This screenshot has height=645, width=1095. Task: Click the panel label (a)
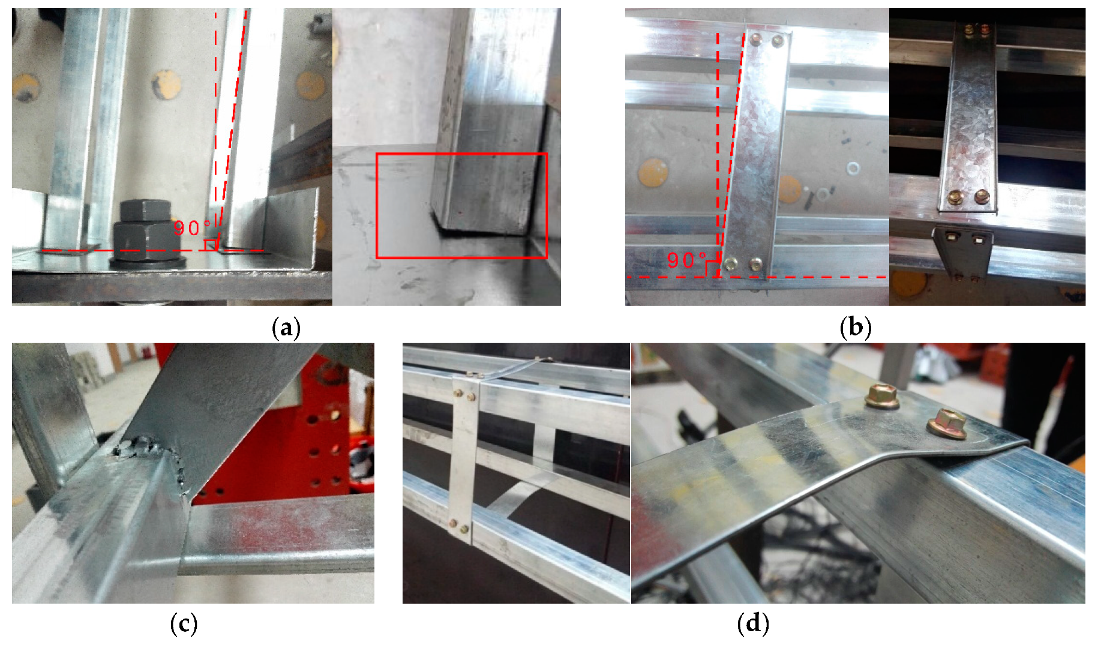286,328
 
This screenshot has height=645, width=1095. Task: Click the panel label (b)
856,328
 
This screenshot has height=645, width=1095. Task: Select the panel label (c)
184,625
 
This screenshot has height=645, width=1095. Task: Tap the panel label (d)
753,625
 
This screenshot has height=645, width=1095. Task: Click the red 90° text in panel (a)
191,228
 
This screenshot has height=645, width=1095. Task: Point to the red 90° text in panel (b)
686,260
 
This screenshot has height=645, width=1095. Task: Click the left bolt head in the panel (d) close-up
882,397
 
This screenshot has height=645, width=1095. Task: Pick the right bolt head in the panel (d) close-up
947,424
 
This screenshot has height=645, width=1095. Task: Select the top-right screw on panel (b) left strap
777,41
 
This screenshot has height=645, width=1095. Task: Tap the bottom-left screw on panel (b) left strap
731,263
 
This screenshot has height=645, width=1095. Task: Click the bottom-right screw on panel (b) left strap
755,263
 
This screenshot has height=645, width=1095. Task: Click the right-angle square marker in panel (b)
712,269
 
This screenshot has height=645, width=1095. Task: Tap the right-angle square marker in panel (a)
210,245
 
